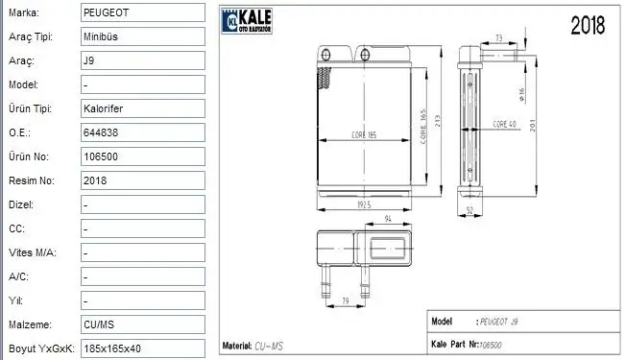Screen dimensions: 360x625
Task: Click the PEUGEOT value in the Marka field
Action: click(x=106, y=12)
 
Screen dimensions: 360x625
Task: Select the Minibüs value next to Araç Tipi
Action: click(x=102, y=36)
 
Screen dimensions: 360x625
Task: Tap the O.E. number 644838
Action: click(x=102, y=132)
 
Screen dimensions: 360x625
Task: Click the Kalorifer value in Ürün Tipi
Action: click(x=104, y=108)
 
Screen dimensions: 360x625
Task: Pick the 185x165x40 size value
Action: click(x=114, y=348)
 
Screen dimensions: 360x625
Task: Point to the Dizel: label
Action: click(x=20, y=204)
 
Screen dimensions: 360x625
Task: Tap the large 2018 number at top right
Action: click(x=588, y=26)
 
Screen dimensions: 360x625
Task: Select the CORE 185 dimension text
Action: click(x=364, y=134)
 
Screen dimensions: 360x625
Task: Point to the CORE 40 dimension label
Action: click(x=505, y=125)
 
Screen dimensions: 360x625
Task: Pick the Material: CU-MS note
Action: click(x=253, y=345)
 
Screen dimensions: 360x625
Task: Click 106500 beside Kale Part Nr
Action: click(x=491, y=345)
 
